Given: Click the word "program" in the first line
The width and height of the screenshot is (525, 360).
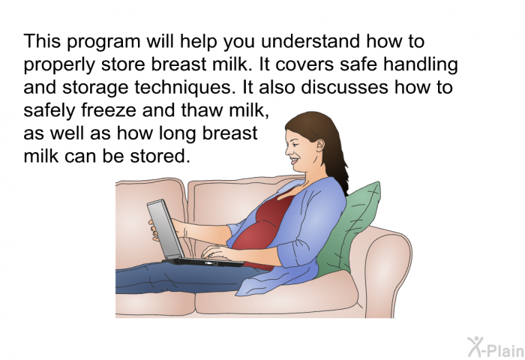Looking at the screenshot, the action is pyautogui.click(x=105, y=42).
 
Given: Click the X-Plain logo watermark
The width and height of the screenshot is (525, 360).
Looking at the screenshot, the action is pyautogui.click(x=496, y=347).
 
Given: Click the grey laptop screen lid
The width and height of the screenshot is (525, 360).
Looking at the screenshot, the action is pyautogui.click(x=165, y=230).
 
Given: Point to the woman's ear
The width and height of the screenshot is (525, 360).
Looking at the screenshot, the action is pyautogui.click(x=319, y=145).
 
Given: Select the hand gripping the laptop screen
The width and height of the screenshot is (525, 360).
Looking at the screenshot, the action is pyautogui.click(x=155, y=230).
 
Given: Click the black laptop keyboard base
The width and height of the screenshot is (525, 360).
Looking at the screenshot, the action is pyautogui.click(x=204, y=262).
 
